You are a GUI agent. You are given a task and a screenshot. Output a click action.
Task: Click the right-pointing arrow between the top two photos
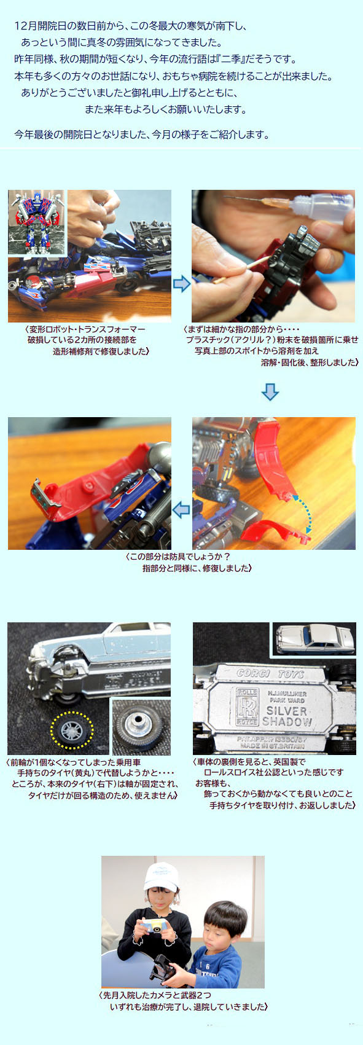182,284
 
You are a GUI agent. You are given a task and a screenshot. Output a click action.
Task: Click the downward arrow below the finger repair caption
270,392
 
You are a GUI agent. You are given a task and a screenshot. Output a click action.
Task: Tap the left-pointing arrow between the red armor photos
182,511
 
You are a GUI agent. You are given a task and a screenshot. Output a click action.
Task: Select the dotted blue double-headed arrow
302,514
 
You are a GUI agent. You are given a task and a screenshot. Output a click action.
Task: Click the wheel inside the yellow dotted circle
71,730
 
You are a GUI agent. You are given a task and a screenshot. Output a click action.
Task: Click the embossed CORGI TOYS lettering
271,673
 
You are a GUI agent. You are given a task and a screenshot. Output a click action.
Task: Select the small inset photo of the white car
314,638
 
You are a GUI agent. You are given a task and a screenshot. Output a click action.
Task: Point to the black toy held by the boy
162,966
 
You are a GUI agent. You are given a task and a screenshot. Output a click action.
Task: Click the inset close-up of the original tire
141,726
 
